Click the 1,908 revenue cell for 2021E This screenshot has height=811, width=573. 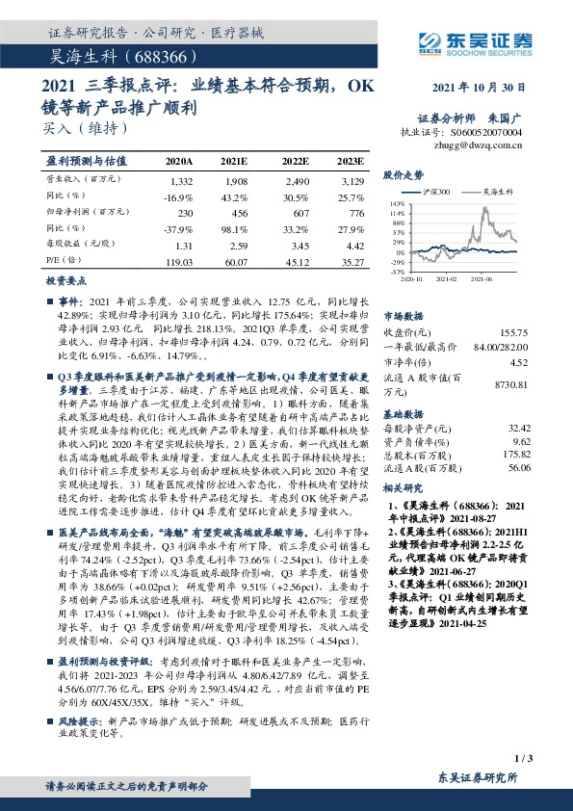point(235,181)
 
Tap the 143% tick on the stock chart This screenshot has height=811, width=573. point(396,205)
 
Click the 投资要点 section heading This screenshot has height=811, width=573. point(66,281)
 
